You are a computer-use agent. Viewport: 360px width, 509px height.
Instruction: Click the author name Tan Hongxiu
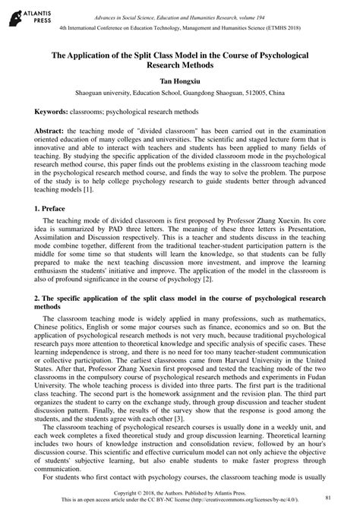point(180,80)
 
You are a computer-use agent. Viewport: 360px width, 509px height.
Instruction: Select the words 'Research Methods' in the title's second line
point(180,66)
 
